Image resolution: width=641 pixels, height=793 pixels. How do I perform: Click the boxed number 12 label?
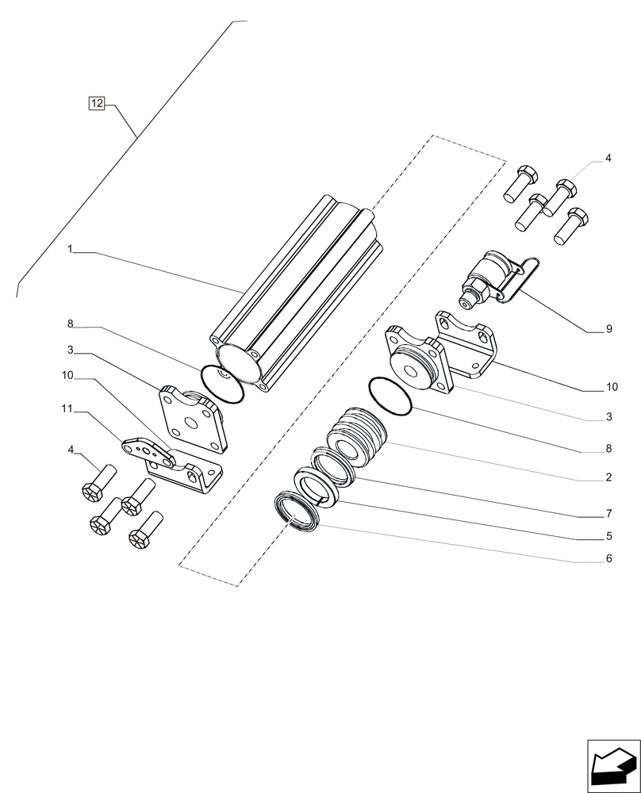(96, 104)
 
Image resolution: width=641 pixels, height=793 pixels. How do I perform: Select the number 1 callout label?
(70, 250)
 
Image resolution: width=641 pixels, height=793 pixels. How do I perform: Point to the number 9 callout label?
(608, 328)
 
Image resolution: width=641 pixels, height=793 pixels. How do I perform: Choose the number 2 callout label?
(608, 477)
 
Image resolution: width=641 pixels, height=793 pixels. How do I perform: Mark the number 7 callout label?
(608, 513)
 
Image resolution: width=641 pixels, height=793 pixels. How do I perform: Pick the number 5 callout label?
(608, 535)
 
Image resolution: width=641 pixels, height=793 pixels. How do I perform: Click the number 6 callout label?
(608, 558)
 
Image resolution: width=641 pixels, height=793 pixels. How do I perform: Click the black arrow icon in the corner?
(612, 765)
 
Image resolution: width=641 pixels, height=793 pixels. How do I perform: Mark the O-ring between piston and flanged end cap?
(390, 397)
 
